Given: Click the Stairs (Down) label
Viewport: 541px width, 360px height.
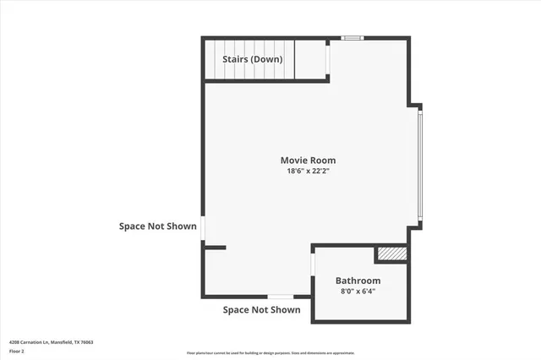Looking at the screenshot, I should (252, 59).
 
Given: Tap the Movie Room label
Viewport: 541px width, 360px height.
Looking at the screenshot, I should (308, 161).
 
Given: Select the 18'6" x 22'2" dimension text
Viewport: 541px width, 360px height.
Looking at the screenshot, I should (308, 172).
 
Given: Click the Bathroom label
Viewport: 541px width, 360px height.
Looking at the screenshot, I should (358, 281).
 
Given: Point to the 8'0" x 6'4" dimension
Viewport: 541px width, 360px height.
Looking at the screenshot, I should (358, 292).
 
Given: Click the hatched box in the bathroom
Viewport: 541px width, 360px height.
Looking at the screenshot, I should (391, 253).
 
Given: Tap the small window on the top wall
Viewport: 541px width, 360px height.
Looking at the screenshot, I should (352, 37).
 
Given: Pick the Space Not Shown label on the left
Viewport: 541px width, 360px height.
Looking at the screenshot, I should (157, 226).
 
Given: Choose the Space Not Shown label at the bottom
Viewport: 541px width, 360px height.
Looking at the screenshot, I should (261, 310).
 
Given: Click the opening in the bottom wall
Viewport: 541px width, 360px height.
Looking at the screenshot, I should (281, 297).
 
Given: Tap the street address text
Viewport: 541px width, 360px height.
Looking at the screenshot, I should (51, 342).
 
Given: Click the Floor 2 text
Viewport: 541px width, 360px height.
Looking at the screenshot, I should (17, 351).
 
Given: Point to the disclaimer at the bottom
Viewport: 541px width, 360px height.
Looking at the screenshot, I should (270, 353).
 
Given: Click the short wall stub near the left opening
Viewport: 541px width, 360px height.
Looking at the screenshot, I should (215, 248).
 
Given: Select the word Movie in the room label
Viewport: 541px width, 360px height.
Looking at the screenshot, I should (294, 161).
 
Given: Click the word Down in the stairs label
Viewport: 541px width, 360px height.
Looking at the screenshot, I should (266, 59).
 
